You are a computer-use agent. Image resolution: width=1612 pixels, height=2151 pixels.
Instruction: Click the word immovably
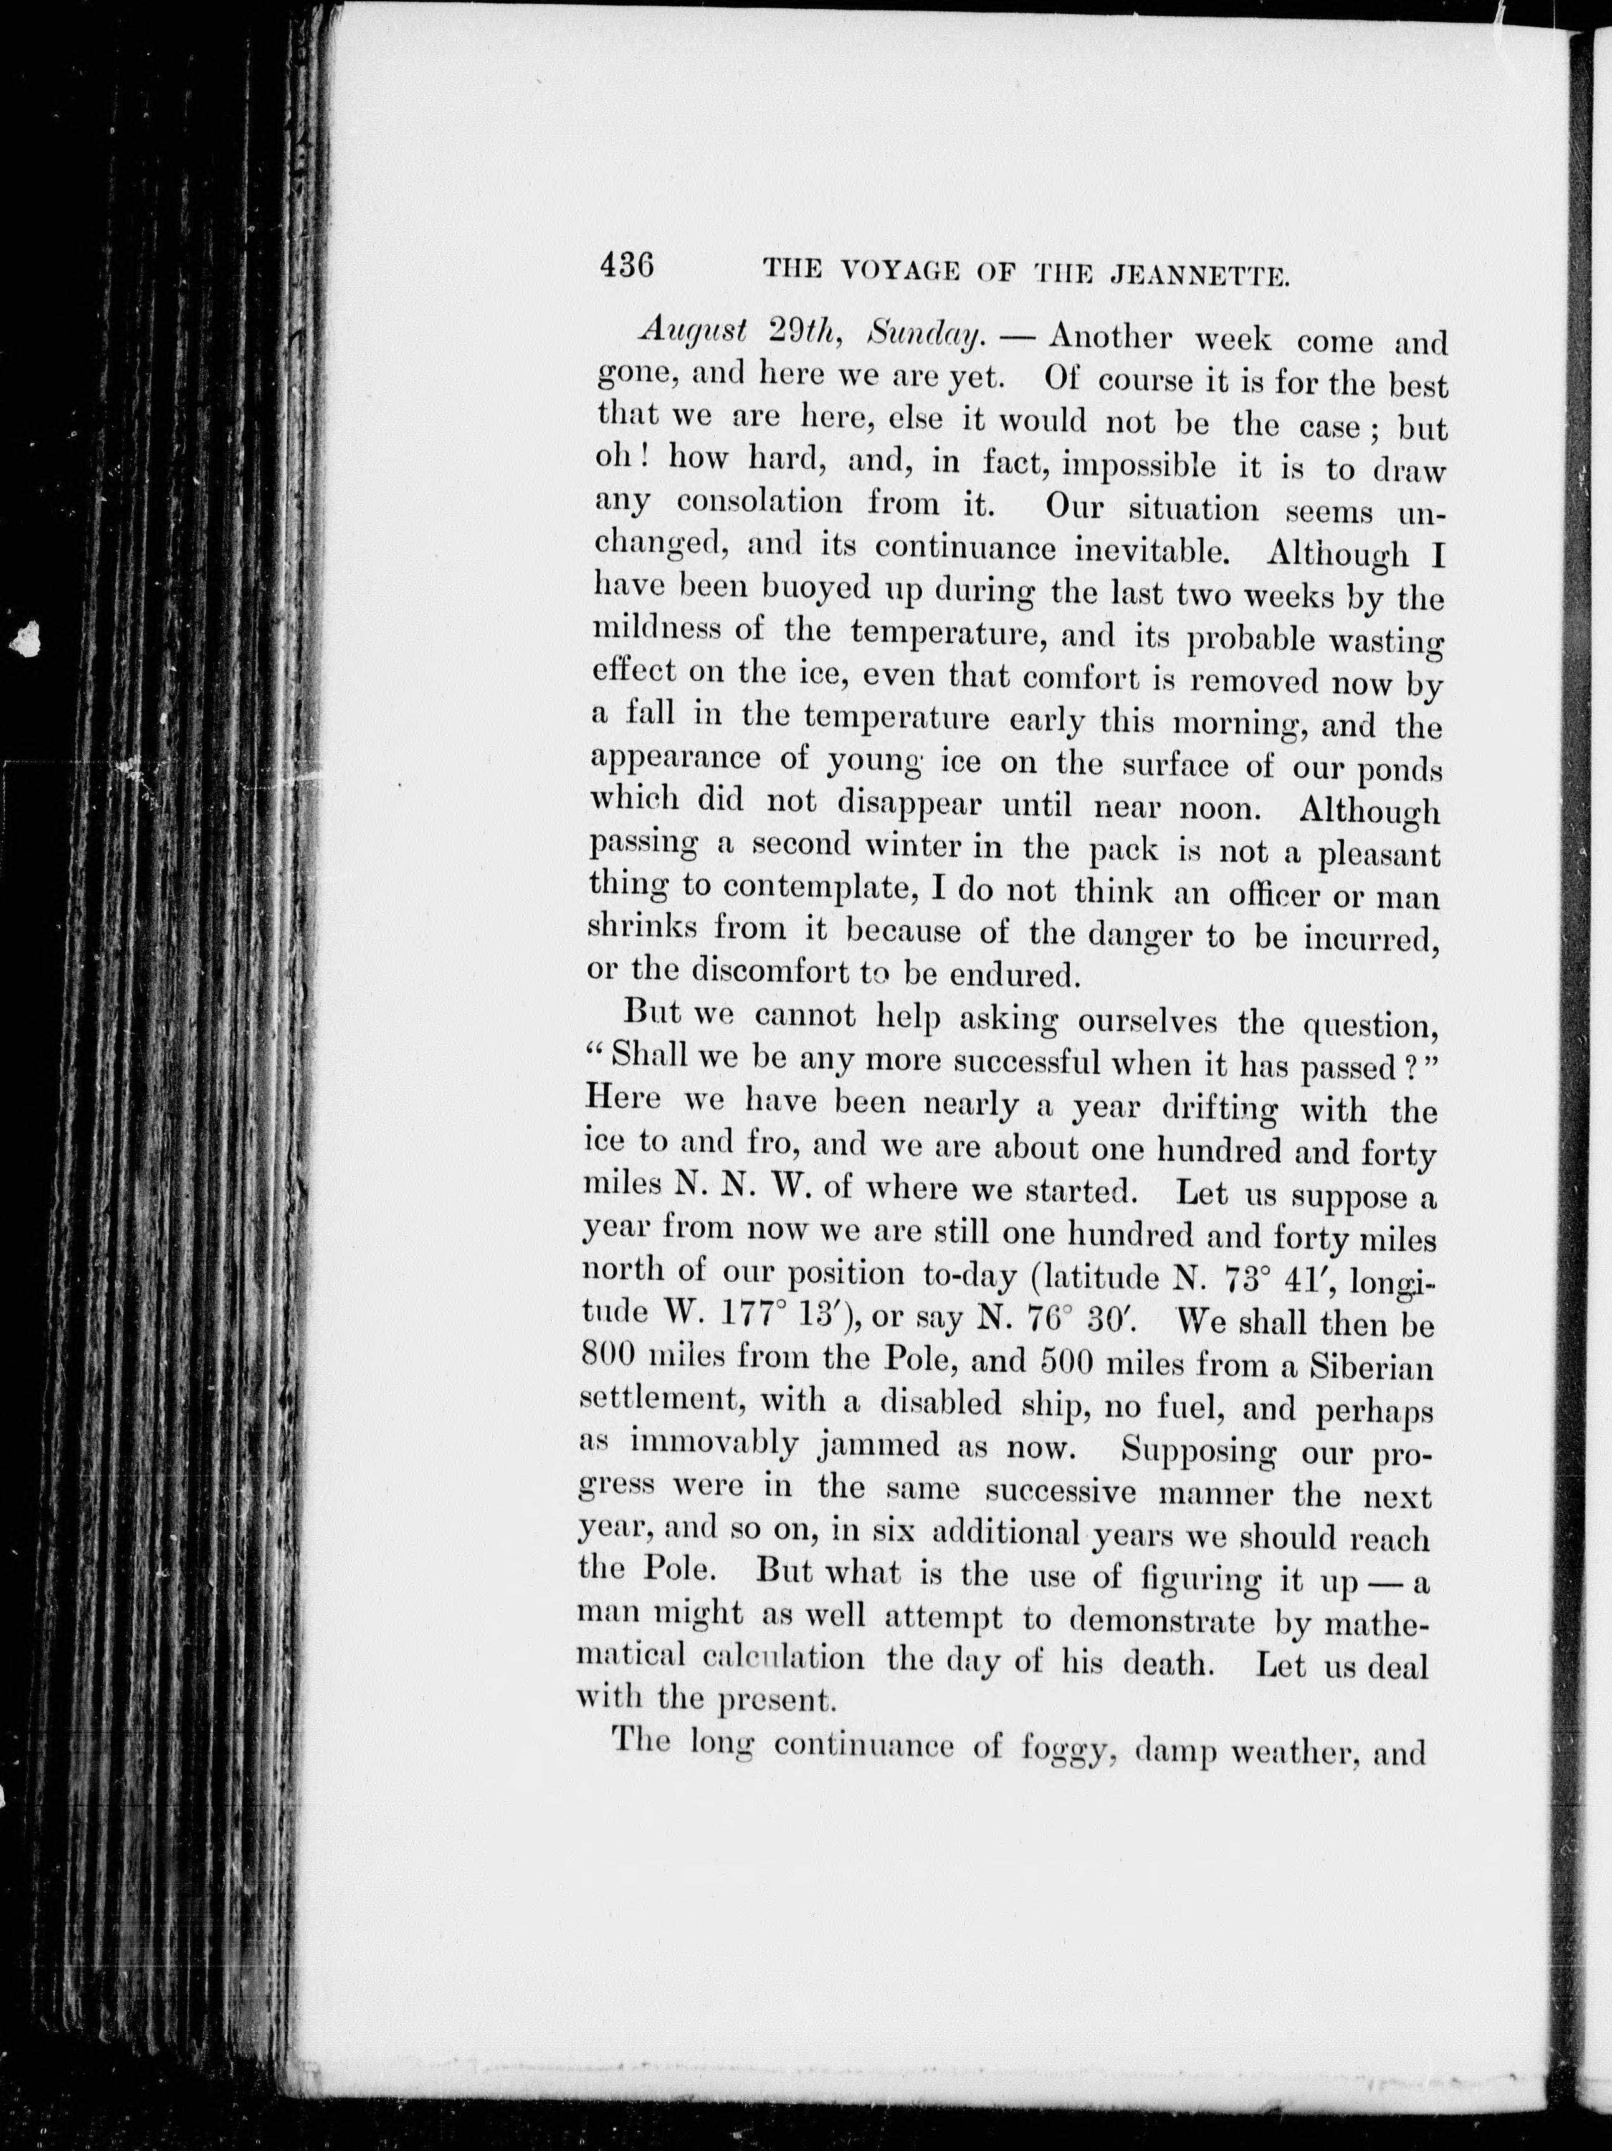click(715, 1442)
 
